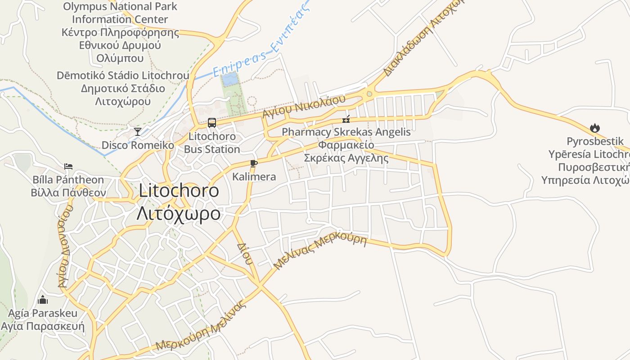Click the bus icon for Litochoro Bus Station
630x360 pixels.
pos(211,122)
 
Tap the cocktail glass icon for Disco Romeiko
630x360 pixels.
pos(138,131)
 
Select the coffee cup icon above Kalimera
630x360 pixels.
pos(253,163)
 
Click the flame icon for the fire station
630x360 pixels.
pos(595,128)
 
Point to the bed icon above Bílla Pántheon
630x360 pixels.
pos(68,166)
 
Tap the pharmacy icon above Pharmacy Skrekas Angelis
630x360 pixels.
pos(346,119)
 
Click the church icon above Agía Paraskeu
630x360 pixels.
pos(43,299)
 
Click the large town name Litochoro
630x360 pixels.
pos(179,191)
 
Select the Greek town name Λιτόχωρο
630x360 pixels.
pos(179,213)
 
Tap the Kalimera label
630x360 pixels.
pos(254,177)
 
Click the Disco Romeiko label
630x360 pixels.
pos(138,145)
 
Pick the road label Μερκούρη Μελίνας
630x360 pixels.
pos(201,327)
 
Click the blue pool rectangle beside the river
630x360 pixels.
pos(230,80)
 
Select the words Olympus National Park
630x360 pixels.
pos(120,7)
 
